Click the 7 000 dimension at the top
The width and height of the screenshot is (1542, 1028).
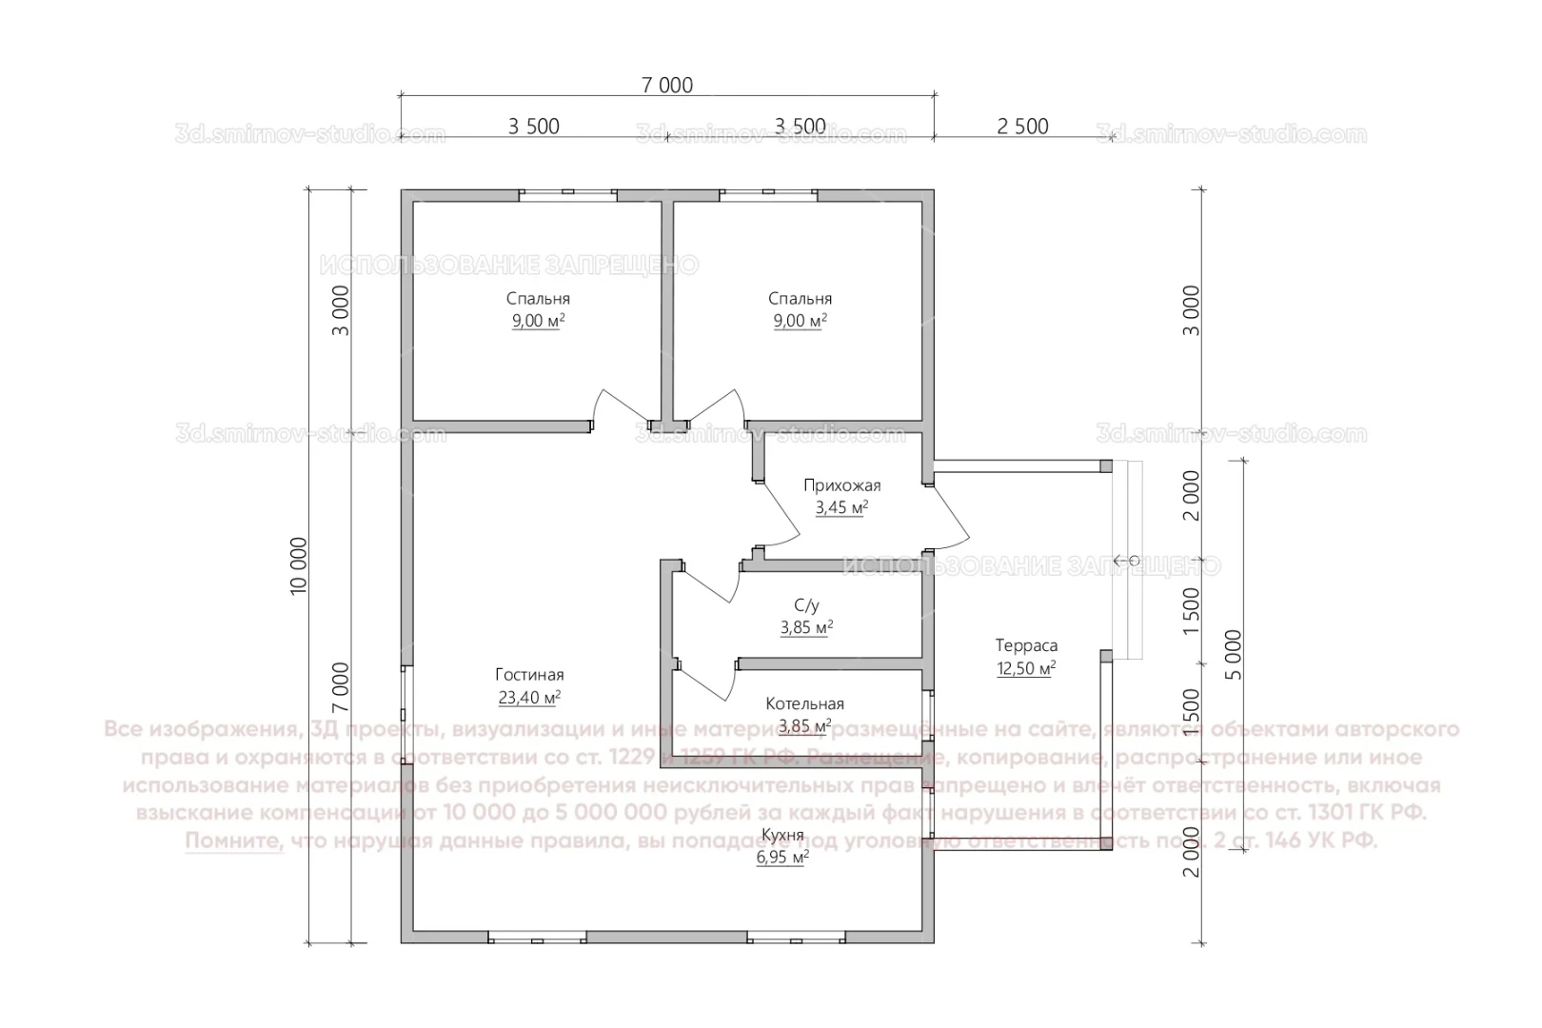click(666, 85)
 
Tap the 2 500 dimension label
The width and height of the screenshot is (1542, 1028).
click(1023, 127)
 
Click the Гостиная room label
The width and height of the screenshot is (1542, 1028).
click(529, 675)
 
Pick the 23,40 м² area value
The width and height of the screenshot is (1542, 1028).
click(529, 698)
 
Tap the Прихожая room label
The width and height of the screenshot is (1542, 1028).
click(841, 485)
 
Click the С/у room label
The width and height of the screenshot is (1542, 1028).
click(806, 605)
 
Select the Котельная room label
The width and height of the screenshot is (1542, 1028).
click(805, 704)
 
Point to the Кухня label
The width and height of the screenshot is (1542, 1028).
click(782, 835)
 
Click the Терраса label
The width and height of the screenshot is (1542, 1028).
click(1026, 645)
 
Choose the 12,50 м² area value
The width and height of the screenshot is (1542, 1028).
click(1026, 668)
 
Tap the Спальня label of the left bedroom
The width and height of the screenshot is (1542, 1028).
click(539, 299)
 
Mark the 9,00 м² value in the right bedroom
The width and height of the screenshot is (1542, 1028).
click(800, 322)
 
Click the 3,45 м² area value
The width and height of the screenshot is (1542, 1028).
click(841, 508)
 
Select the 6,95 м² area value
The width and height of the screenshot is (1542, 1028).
click(782, 857)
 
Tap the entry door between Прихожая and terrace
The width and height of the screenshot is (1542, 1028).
click(949, 515)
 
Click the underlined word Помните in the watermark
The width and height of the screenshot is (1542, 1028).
click(234, 841)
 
